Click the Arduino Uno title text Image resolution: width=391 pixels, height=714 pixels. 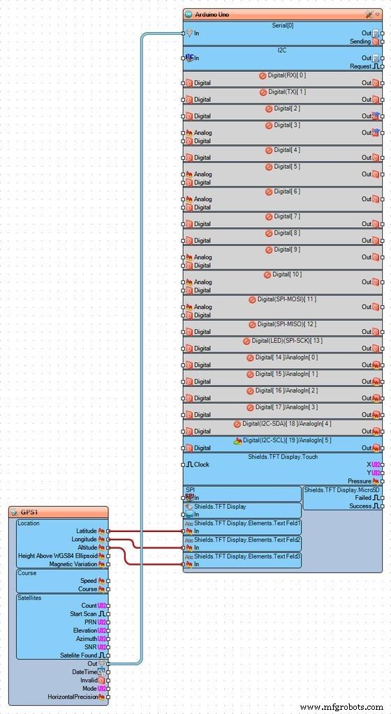coord(212,15)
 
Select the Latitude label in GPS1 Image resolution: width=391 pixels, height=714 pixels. coord(87,531)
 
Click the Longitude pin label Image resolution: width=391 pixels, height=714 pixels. coord(84,539)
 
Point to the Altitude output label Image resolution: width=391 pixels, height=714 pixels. coord(87,547)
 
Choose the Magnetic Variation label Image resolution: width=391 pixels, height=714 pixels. coord(73,563)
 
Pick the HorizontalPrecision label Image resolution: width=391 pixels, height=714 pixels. coord(73,697)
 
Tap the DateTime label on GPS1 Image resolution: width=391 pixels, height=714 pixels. coord(84,671)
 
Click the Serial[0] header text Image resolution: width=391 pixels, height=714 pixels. coord(283,26)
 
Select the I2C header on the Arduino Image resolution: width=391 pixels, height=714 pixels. coord(282,50)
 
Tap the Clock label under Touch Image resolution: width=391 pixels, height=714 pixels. coord(202,464)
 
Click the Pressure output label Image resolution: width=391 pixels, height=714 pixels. coord(360,481)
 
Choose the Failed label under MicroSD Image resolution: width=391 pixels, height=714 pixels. coord(363,498)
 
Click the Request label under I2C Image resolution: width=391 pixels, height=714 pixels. coord(361,66)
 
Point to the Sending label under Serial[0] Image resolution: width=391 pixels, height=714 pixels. coord(360,41)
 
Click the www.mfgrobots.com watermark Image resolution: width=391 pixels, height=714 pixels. coord(342,707)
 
